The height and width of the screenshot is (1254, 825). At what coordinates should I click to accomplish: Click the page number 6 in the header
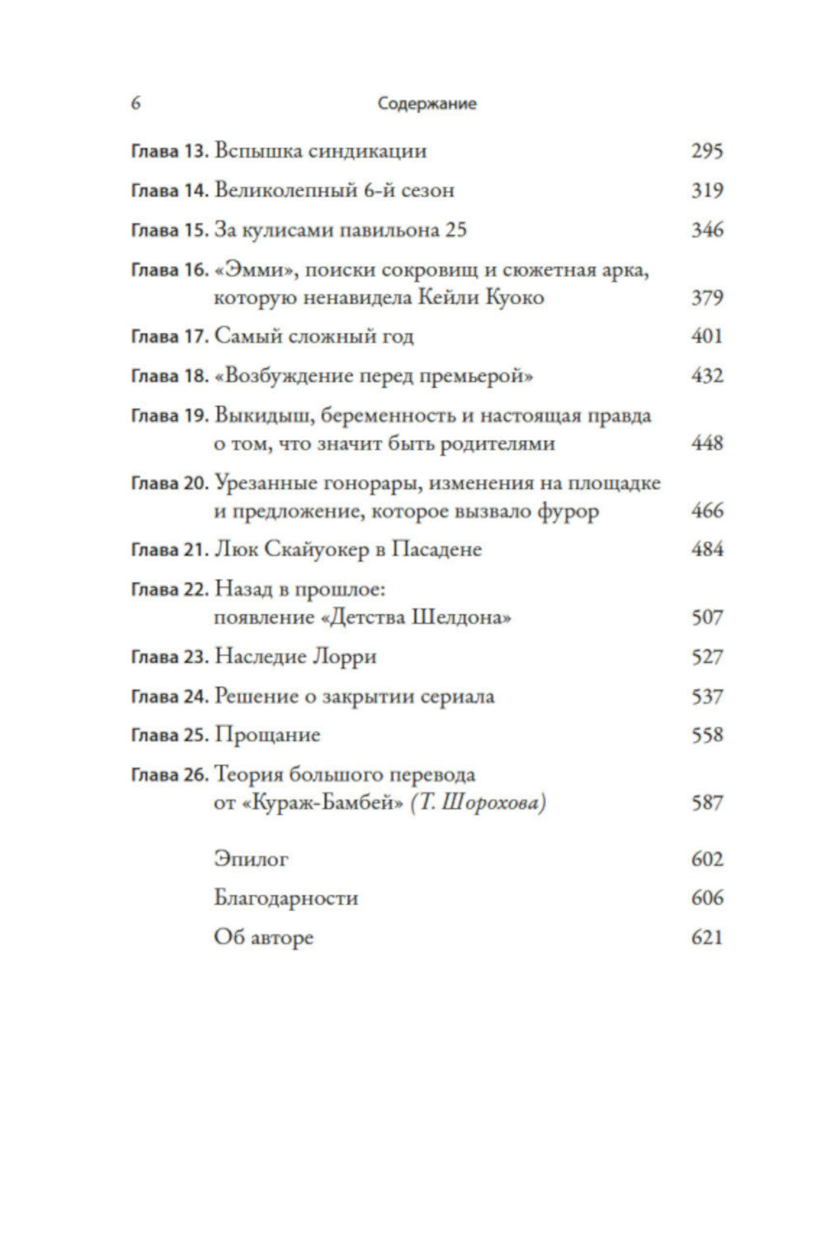pyautogui.click(x=136, y=103)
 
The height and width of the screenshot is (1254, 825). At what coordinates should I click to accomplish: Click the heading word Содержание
pyautogui.click(x=427, y=104)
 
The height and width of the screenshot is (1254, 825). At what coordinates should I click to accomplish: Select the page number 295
pyautogui.click(x=707, y=151)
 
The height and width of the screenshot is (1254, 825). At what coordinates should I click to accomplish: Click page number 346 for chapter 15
pyautogui.click(x=707, y=230)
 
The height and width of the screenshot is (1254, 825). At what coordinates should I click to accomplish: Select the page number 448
pyautogui.click(x=707, y=443)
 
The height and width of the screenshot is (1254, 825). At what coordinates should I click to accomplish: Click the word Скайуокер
pyautogui.click(x=314, y=550)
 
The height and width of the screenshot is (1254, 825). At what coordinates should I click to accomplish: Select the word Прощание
pyautogui.click(x=266, y=736)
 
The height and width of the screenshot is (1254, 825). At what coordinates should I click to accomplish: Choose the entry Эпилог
pyautogui.click(x=251, y=859)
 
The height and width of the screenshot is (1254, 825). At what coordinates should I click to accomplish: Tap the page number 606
pyautogui.click(x=707, y=898)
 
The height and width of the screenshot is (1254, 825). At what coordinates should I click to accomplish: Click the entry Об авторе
pyautogui.click(x=263, y=938)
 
